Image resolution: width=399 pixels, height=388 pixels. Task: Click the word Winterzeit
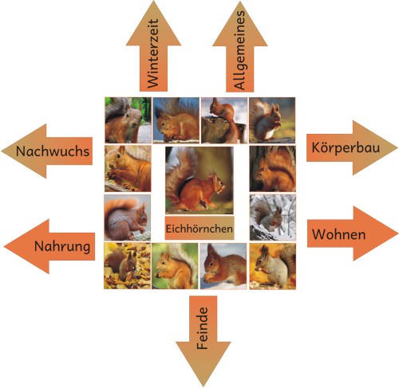click(x=153, y=53)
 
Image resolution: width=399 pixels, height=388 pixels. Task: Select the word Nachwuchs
click(x=53, y=151)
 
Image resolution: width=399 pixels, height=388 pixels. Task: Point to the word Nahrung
click(x=62, y=246)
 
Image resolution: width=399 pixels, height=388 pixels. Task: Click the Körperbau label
click(x=346, y=147)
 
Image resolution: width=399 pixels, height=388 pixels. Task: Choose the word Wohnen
click(x=339, y=234)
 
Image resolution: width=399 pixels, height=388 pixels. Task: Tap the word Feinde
click(x=202, y=328)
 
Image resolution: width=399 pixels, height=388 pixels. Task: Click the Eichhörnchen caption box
click(x=199, y=229)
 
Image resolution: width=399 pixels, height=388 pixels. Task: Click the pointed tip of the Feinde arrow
click(x=203, y=386)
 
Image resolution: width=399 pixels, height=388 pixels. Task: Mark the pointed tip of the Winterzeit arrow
click(x=153, y=1)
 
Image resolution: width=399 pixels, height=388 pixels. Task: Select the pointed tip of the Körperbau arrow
click(x=397, y=147)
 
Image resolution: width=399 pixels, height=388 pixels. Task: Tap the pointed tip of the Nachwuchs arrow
click(x=2, y=151)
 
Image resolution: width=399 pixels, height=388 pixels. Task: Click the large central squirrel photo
click(x=199, y=180)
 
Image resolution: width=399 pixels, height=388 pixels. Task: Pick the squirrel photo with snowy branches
click(x=273, y=218)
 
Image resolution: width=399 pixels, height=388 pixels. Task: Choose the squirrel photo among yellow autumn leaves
click(x=127, y=266)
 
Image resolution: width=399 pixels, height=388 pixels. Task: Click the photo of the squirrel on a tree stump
click(x=224, y=120)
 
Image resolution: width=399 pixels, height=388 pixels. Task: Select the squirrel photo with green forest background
click(x=128, y=120)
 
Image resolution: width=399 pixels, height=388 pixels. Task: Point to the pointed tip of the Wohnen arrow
click(x=398, y=233)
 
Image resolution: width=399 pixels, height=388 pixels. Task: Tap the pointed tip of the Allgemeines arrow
click(x=240, y=2)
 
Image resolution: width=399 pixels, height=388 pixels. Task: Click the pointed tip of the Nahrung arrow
click(x=4, y=246)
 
